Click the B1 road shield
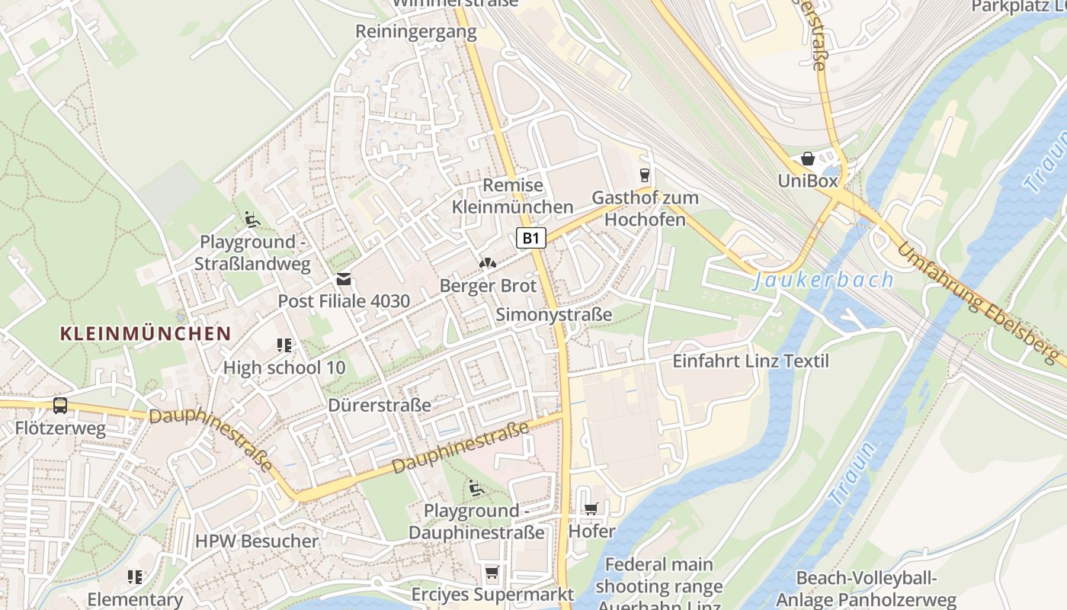531,238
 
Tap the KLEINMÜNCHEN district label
145,333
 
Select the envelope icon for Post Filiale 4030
344,279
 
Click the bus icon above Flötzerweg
60,406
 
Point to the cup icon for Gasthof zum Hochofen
645,175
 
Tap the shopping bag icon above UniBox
807,159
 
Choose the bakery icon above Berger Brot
487,264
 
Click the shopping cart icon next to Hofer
591,509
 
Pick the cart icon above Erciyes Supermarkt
492,572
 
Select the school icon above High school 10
284,345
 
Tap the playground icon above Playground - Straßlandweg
252,220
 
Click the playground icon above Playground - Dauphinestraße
476,488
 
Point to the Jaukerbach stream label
823,280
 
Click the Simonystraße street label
554,315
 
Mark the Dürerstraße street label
380,405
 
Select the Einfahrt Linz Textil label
750,361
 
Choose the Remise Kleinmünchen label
512,196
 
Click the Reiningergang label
416,32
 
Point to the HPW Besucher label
257,541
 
